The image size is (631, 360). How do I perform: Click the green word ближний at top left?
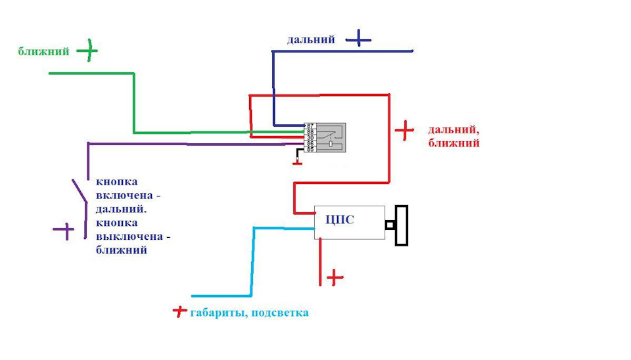pos(43,51)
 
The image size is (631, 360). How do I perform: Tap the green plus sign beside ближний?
pos(87,51)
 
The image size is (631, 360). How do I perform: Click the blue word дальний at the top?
pos(311,39)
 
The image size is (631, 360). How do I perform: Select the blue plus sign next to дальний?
pos(358,39)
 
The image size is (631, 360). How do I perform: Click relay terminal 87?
pos(310,126)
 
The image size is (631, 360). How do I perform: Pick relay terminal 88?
pos(310,131)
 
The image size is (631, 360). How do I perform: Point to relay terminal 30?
pos(310,137)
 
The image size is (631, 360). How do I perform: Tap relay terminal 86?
pos(310,143)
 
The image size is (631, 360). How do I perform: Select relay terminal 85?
pos(310,149)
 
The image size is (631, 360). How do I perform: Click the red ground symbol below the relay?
pos(297,164)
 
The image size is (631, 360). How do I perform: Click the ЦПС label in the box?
pos(340,219)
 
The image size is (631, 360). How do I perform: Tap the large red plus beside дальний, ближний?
pos(404,131)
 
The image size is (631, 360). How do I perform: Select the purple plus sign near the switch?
pos(64,231)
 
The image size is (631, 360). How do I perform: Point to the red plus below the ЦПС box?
pos(335,277)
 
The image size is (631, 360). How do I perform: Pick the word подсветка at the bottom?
pos(280,313)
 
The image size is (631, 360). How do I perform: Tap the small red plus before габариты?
pos(179,311)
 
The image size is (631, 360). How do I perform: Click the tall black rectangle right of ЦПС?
pos(402,225)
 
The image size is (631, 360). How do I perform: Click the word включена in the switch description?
pos(124,196)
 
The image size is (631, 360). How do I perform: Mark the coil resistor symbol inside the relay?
pos(331,143)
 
